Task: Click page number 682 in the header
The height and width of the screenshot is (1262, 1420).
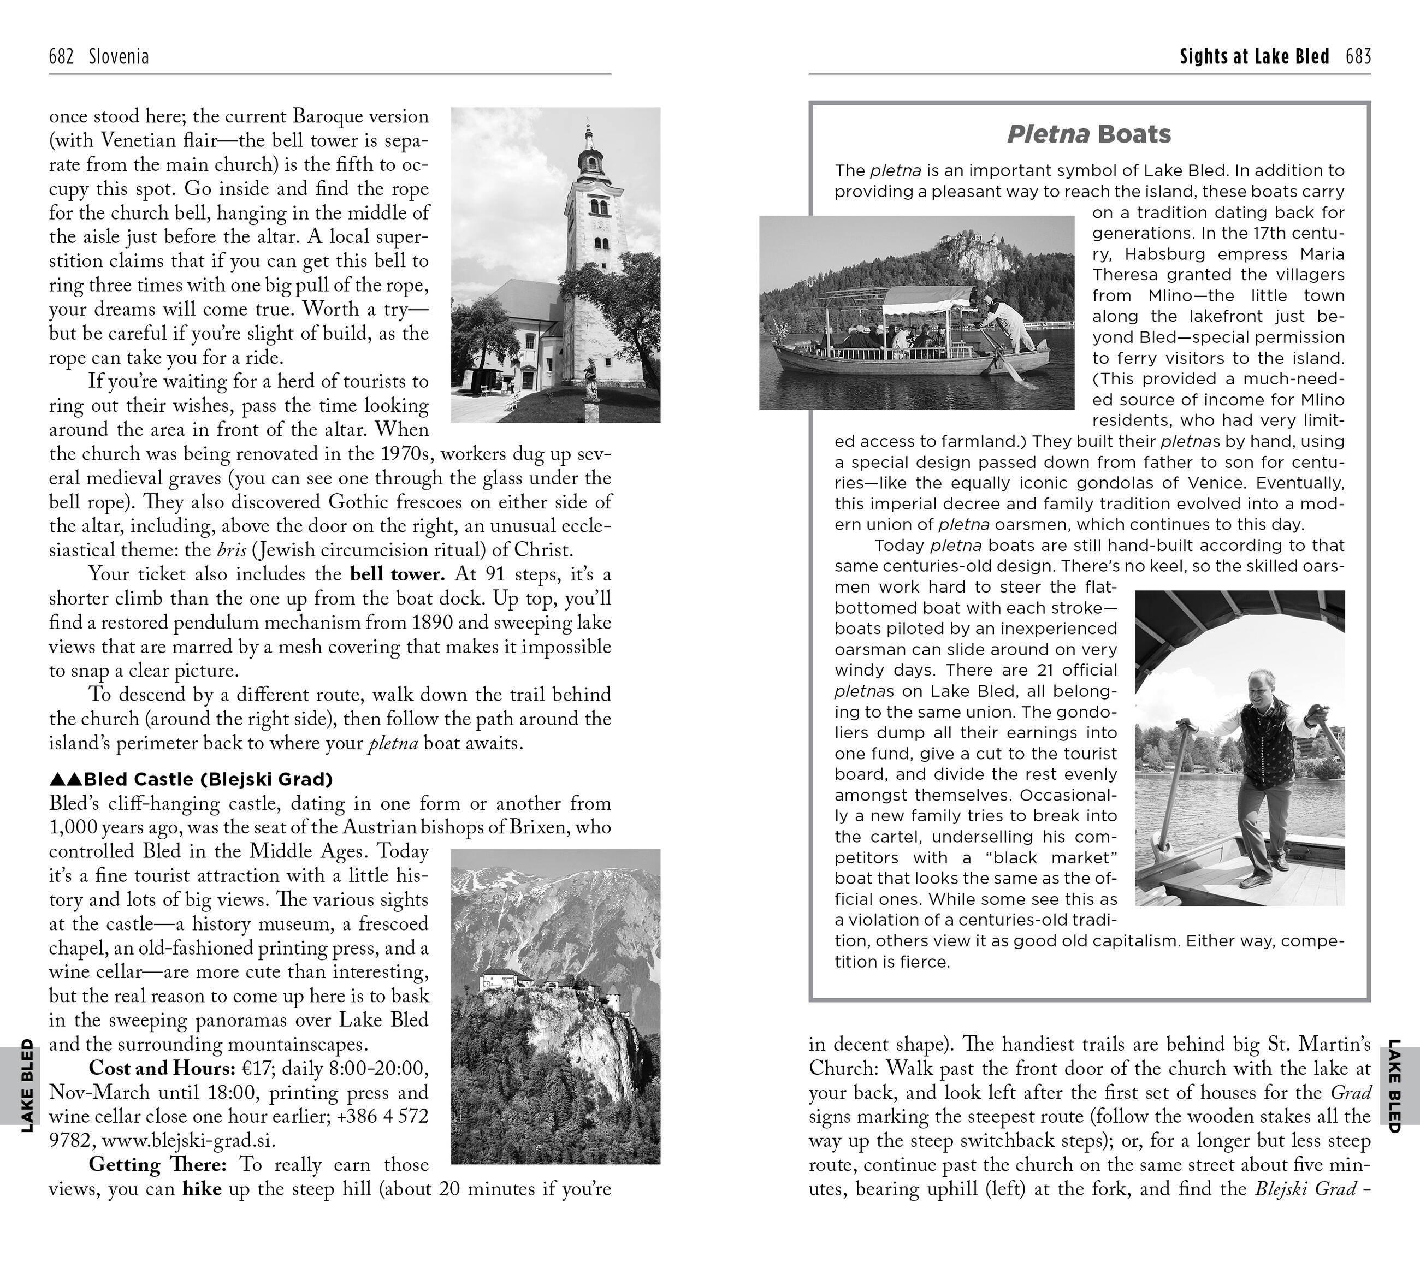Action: (x=61, y=57)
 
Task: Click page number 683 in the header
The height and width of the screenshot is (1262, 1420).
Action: (x=1358, y=57)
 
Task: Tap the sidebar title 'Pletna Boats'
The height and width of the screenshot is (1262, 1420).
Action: (x=1088, y=134)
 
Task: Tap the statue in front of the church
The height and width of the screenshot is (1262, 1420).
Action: (x=591, y=378)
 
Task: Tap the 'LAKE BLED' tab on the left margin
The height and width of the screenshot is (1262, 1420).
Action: (x=26, y=1085)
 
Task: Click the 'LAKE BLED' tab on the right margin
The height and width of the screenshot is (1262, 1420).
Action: (x=1394, y=1085)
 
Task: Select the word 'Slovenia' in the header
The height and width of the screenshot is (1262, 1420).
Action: (x=119, y=57)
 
